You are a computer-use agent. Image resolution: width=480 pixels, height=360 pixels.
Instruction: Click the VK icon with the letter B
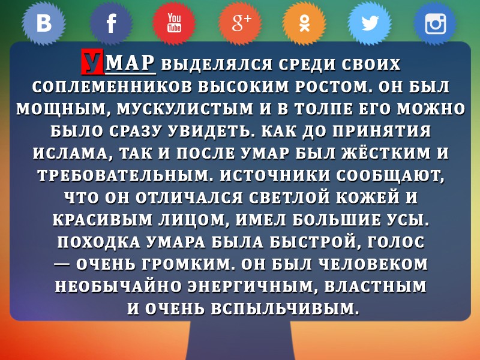click(43, 23)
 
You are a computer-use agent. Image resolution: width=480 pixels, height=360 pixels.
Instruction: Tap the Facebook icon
click(111, 23)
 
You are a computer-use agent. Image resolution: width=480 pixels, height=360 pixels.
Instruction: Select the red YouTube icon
click(174, 23)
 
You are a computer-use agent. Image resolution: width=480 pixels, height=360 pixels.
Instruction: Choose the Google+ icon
click(240, 23)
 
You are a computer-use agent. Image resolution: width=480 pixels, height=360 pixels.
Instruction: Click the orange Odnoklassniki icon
click(304, 23)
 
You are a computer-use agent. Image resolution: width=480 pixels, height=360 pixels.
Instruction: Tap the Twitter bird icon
click(370, 23)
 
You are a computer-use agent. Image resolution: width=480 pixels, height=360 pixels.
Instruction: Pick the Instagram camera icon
click(435, 23)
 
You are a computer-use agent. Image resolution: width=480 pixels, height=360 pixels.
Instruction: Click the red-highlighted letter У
click(92, 62)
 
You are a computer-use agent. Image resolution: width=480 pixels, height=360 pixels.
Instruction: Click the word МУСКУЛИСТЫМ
click(185, 109)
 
